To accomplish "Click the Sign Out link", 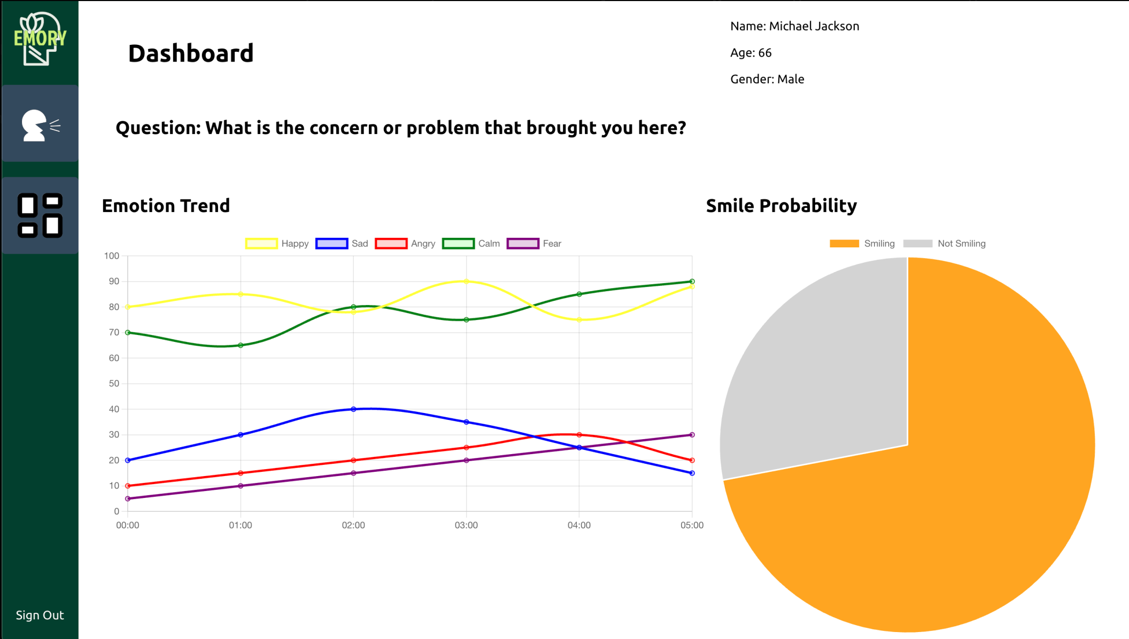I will coord(40,615).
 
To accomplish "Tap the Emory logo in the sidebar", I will coord(40,39).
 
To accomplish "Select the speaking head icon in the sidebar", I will coord(40,124).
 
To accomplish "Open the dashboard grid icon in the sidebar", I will coord(40,215).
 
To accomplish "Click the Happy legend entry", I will coord(277,244).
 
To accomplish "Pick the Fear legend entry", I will coord(534,244).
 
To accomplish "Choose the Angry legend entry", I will coord(405,244).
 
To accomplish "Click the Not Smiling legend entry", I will coord(945,244).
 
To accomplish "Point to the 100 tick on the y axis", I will coord(112,256).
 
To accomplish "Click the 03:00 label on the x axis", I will coord(466,525).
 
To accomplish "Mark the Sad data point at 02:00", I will coord(353,409).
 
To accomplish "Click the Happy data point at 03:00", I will coord(466,282).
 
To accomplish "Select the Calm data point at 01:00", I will coord(241,345).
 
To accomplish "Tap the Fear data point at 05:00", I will coord(692,435).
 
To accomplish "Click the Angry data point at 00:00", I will coord(128,486).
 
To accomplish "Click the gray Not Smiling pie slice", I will coord(818,374).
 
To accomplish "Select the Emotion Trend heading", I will coord(166,206).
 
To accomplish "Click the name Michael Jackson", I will coord(814,26).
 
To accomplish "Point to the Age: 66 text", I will coord(751,53).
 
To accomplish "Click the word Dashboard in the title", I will coord(191,53).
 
